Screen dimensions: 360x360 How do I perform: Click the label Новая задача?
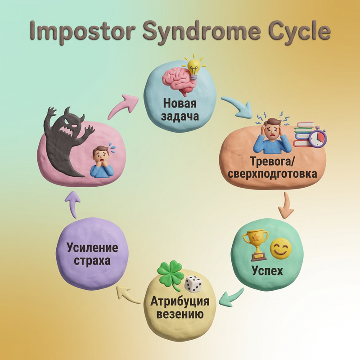180,109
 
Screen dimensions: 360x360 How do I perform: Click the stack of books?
304,134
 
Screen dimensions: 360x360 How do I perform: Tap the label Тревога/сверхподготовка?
273,167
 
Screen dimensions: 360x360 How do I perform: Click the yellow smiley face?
281,248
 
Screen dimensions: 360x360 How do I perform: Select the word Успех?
267,271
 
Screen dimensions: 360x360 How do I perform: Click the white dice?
193,284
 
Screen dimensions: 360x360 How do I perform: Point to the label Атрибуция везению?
180,307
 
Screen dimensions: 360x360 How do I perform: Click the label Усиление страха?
92,254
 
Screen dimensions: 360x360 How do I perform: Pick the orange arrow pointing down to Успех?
286,205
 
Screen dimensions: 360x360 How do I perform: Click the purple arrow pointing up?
73,204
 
